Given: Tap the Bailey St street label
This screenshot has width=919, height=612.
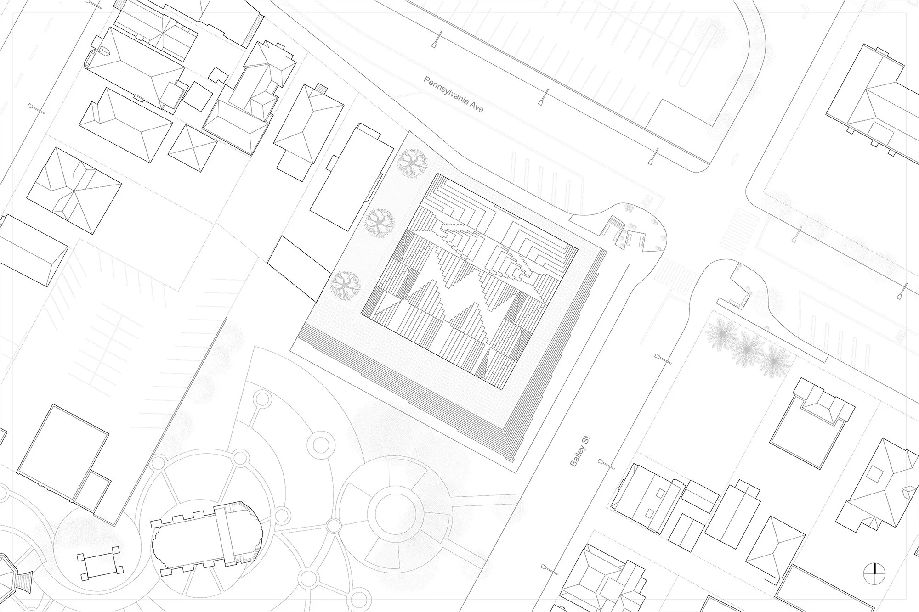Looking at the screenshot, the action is (579, 452).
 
